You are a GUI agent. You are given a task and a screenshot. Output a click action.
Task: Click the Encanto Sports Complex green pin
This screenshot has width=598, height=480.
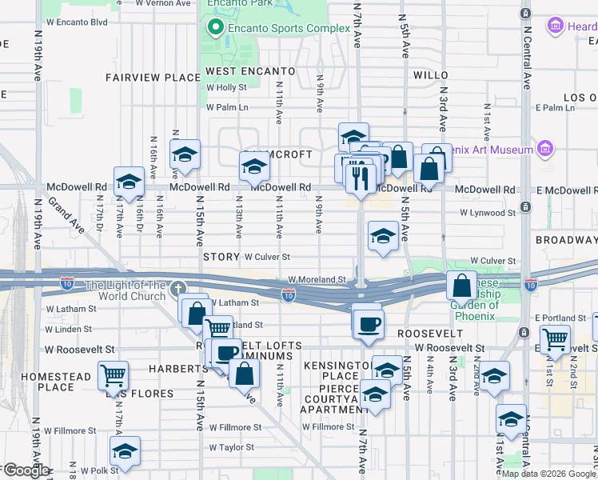(x=214, y=28)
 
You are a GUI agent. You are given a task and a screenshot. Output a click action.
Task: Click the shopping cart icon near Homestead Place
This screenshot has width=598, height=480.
(x=114, y=374)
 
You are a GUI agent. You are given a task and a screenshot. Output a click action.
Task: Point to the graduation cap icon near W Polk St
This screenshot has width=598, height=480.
(x=125, y=451)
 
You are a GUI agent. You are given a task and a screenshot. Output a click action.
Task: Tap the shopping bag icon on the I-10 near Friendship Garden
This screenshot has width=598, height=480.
(x=463, y=286)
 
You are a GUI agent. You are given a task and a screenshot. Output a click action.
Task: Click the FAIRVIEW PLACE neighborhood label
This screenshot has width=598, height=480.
(x=153, y=78)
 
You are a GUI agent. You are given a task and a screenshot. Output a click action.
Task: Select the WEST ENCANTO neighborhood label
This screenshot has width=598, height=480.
(x=250, y=71)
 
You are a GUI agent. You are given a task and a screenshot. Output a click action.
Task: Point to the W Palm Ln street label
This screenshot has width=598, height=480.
(x=228, y=107)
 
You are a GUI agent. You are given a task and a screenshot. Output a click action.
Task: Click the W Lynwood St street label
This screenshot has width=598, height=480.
(x=487, y=213)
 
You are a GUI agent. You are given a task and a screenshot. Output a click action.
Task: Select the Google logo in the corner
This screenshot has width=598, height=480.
(x=26, y=470)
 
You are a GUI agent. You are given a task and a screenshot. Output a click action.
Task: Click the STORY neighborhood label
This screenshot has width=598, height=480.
(x=221, y=257)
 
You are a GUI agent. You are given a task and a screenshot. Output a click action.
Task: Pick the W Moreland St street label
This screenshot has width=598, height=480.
(x=317, y=280)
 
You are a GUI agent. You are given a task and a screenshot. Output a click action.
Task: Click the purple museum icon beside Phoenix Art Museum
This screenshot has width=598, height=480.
(x=545, y=149)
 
